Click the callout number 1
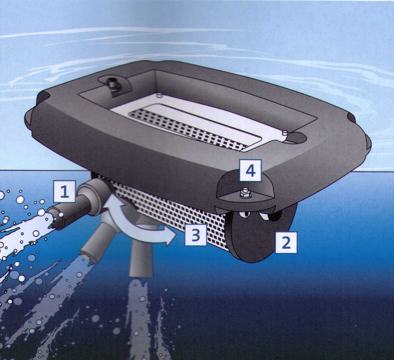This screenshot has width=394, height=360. pyautogui.click(x=65, y=192)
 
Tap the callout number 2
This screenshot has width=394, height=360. pyautogui.click(x=286, y=242)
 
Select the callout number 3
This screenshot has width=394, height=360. pyautogui.click(x=196, y=235)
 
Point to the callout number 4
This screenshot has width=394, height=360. pyautogui.click(x=250, y=170)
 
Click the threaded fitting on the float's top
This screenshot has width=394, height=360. pyautogui.click(x=113, y=86)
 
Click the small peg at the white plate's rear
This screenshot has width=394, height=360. pyautogui.click(x=159, y=95)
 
